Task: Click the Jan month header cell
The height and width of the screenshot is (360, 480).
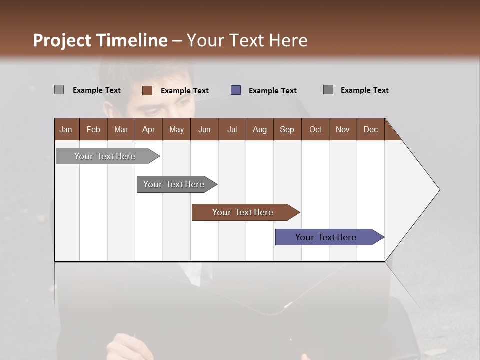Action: pyautogui.click(x=66, y=129)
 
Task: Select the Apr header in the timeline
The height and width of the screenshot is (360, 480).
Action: pyautogui.click(x=148, y=129)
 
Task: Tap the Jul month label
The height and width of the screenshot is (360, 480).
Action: pyautogui.click(x=232, y=129)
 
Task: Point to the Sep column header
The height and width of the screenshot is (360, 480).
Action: pyautogui.click(x=287, y=129)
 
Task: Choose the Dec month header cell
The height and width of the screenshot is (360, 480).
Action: pyautogui.click(x=370, y=129)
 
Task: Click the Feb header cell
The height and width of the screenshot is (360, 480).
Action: pyautogui.click(x=93, y=129)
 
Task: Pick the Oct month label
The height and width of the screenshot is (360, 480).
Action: pyautogui.click(x=315, y=129)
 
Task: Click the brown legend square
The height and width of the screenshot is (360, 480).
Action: pyautogui.click(x=147, y=90)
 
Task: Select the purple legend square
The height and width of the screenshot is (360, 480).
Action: pyautogui.click(x=236, y=90)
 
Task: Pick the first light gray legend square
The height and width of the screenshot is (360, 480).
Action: pyautogui.click(x=59, y=90)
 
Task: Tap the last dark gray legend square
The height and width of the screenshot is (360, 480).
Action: pyautogui.click(x=328, y=90)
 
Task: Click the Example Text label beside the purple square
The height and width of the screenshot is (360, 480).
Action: pyautogui.click(x=272, y=90)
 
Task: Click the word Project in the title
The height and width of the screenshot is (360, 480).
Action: pyautogui.click(x=62, y=40)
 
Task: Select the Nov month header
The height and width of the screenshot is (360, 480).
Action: pyautogui.click(x=342, y=129)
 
